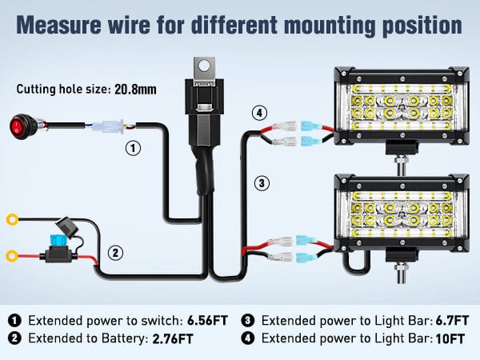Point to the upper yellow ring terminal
[x=13, y=218]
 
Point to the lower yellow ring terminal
[x=13, y=257]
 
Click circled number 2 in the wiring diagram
[x=116, y=254]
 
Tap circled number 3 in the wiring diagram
[x=262, y=182]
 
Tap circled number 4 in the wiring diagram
[x=259, y=113]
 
